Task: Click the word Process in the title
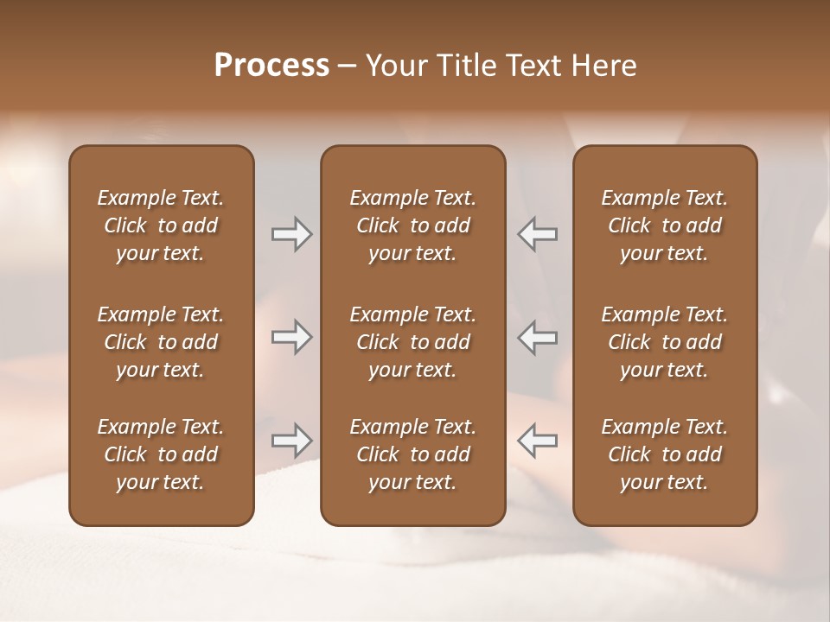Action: [271, 66]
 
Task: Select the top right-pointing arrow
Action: [292, 234]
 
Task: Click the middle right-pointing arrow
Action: [292, 337]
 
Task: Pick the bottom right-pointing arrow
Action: [292, 441]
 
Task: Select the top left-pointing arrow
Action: [537, 234]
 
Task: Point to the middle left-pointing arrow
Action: [537, 337]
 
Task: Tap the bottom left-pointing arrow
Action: [537, 441]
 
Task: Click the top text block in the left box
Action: [161, 225]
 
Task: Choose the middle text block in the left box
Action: [161, 342]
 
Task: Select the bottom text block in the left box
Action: [161, 454]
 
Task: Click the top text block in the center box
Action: [412, 225]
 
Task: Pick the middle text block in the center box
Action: [412, 342]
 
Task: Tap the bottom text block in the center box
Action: [412, 454]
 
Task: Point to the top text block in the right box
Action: [664, 225]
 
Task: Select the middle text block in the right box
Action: [664, 342]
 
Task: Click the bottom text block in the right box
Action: [664, 454]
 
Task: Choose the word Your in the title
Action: [393, 66]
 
